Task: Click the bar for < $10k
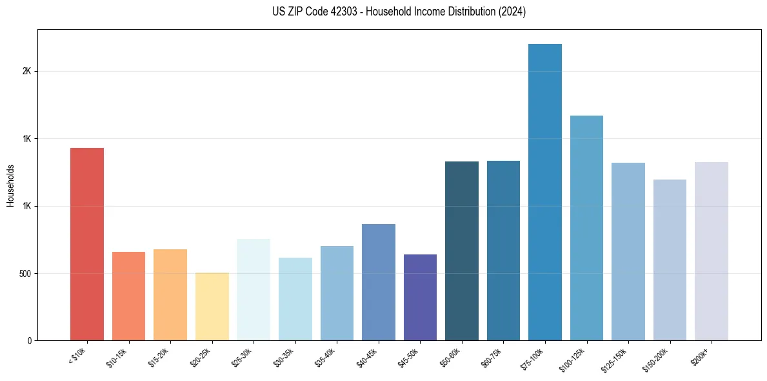87,244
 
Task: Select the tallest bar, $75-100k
545,192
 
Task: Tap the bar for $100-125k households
586,228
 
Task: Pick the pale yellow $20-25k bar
212,307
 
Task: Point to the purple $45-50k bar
420,298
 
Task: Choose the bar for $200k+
712,251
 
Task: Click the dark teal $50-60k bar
462,251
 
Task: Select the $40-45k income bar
379,282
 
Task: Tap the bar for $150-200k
670,260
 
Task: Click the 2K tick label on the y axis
27,72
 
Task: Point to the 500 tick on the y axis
25,274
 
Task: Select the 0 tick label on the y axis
30,341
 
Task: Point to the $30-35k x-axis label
284,357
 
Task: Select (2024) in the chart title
512,12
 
